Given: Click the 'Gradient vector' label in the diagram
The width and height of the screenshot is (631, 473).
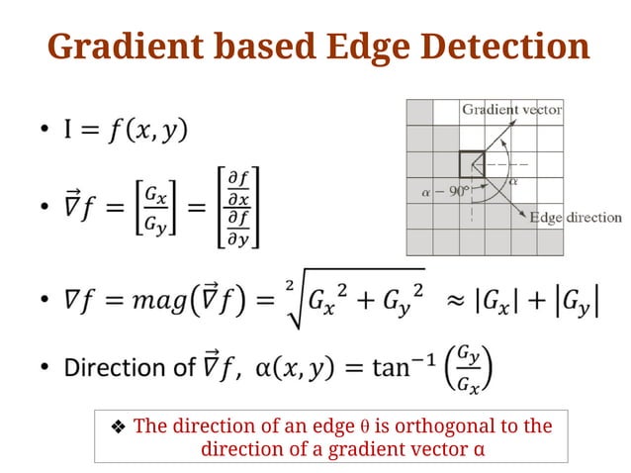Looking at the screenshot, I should [511, 109].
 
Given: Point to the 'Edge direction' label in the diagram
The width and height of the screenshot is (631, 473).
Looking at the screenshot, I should [576, 217].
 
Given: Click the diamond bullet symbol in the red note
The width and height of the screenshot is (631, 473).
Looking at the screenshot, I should [117, 427].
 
